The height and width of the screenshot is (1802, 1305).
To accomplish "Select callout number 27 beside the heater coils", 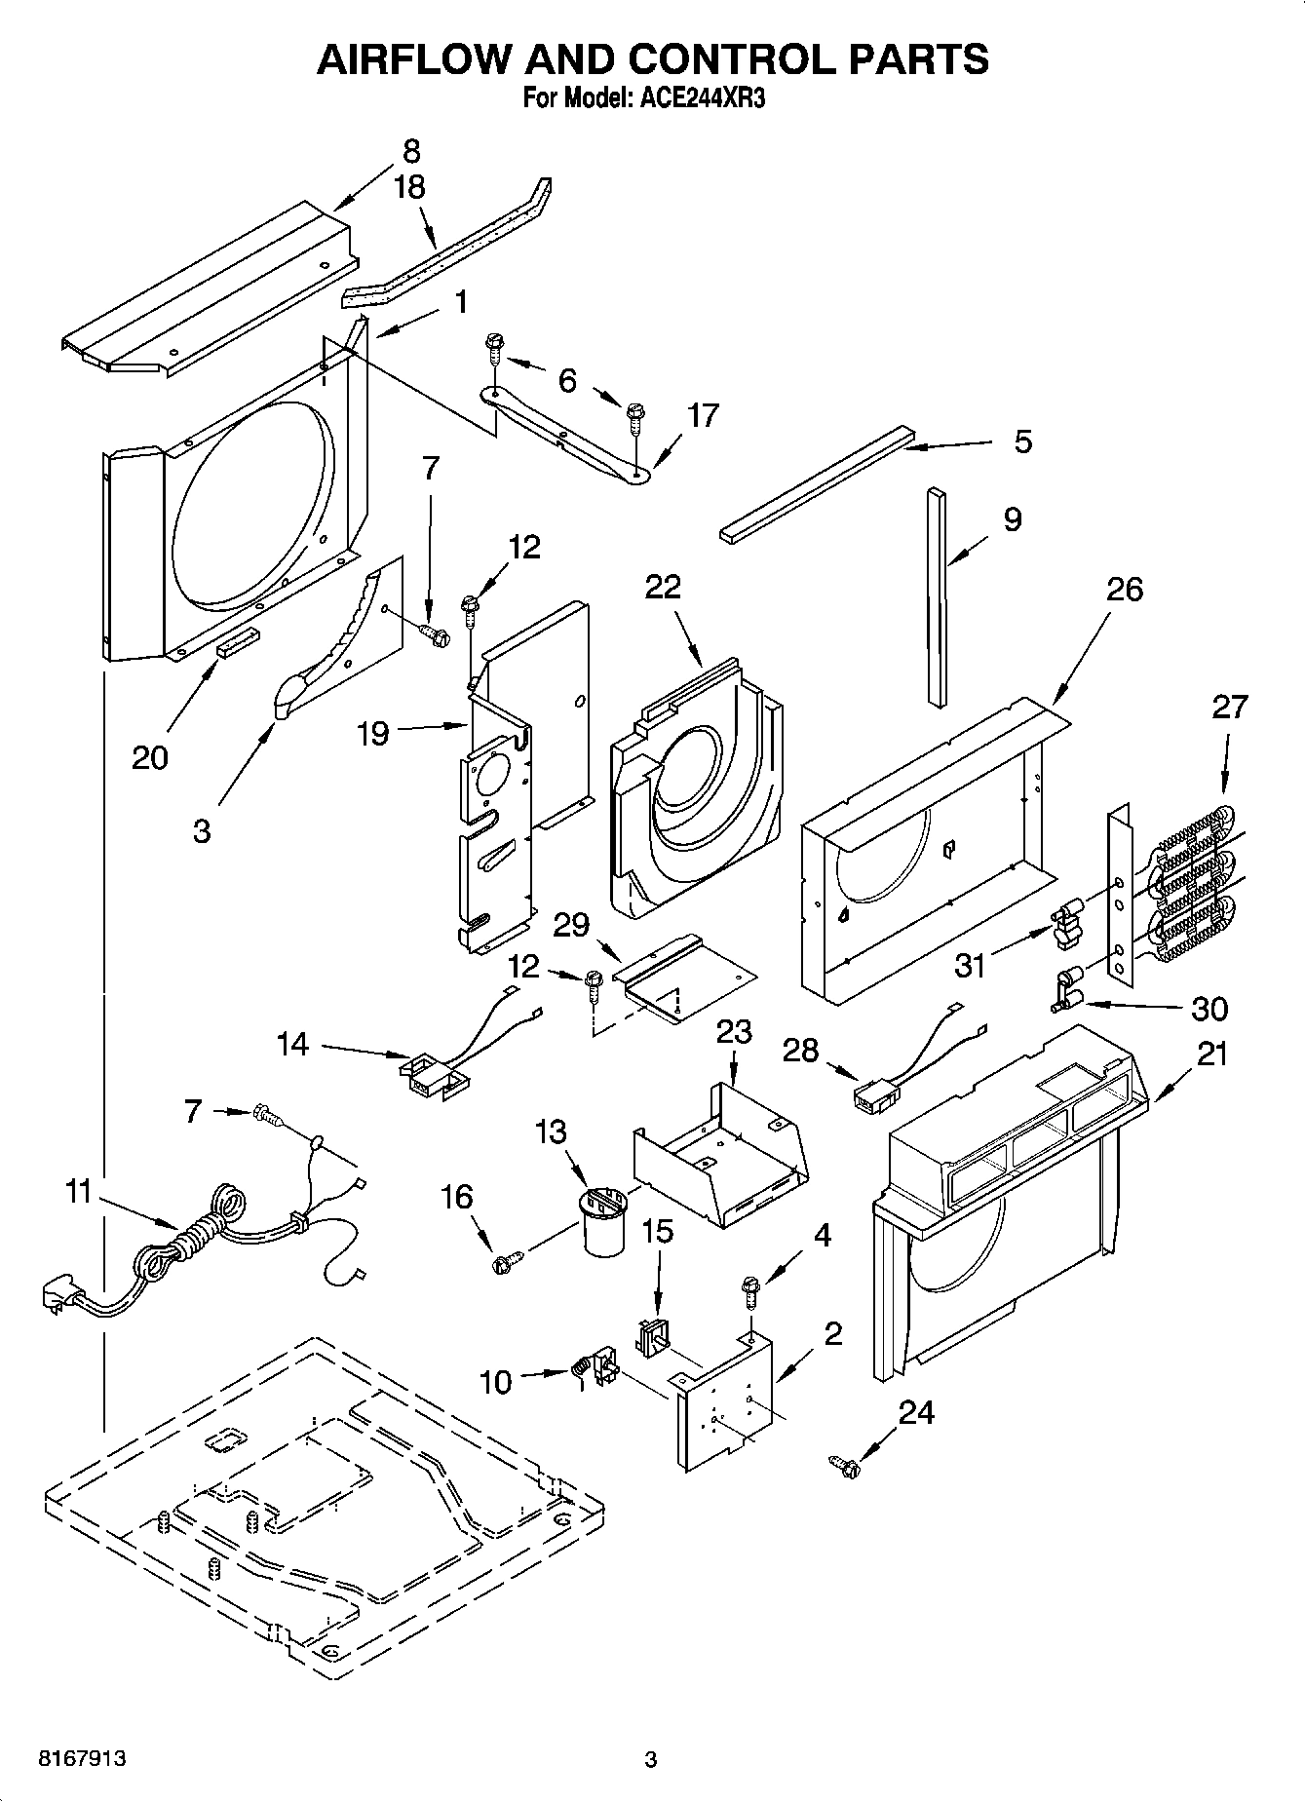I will [x=1229, y=707].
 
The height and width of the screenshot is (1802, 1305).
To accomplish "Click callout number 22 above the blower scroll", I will [x=663, y=588].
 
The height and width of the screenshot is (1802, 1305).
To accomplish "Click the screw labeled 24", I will [x=844, y=1464].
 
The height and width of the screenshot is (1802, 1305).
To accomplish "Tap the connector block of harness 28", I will [x=869, y=1097].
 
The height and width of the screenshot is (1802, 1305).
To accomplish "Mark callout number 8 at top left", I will [x=411, y=151].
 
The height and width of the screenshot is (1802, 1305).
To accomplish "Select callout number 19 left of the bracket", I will [x=373, y=733].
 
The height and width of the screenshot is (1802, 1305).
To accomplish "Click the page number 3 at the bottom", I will [x=651, y=1759].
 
